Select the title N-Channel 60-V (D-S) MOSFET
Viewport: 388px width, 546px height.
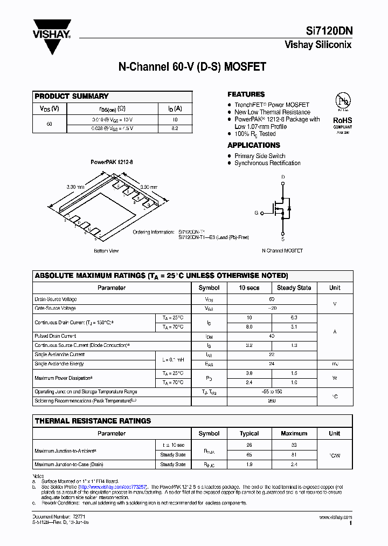[192, 67]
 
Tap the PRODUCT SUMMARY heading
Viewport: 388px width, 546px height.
[72, 96]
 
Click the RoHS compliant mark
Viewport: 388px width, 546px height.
[342, 121]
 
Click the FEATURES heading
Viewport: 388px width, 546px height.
[246, 94]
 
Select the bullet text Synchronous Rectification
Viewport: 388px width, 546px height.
[267, 163]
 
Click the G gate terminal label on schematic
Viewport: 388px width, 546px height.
[257, 213]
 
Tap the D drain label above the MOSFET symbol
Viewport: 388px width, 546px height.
[283, 177]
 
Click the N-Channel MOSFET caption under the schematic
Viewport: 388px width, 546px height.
[282, 251]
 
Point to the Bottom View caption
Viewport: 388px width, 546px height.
[106, 251]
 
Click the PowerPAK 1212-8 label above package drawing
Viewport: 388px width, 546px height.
[111, 162]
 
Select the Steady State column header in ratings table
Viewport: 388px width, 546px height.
[294, 288]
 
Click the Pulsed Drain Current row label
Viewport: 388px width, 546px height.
[55, 336]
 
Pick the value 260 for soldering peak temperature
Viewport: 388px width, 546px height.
[272, 401]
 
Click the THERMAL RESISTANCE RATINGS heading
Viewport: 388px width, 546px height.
[93, 421]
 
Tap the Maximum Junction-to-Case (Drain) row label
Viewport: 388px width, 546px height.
[68, 465]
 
